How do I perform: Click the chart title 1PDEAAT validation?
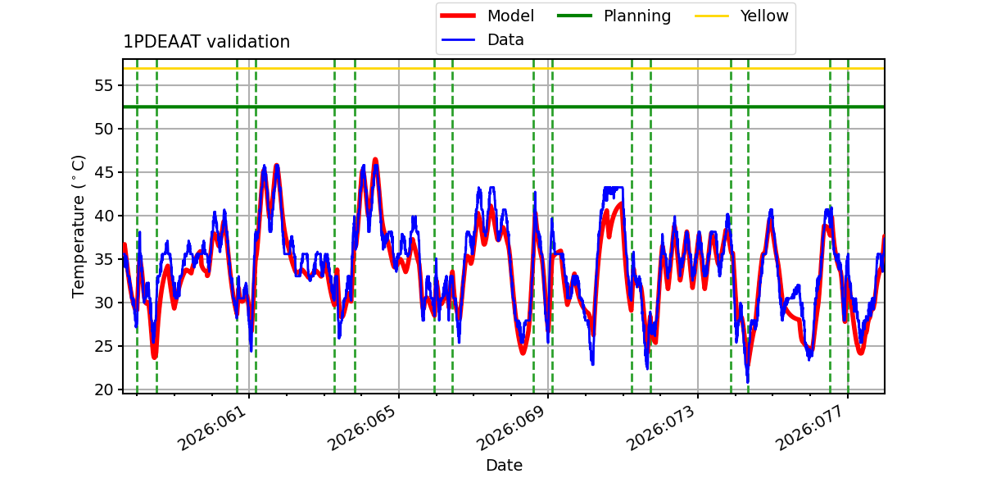point(206,42)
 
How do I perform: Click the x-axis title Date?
point(504,466)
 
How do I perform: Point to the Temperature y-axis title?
point(79,225)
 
